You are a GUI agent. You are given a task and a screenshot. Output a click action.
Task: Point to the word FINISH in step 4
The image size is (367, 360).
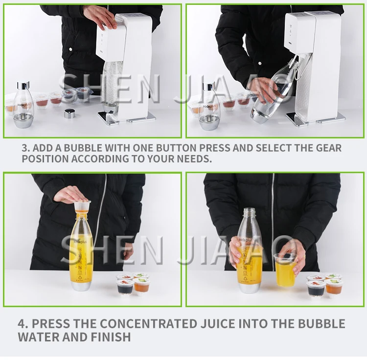coord(111,337)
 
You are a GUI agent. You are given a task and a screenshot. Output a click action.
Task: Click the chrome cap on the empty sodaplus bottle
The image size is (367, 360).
coord(23,86)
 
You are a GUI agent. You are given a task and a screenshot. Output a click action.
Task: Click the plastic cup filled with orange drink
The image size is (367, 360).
coord(285,270)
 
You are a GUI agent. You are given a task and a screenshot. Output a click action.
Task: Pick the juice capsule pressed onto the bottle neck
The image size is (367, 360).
coord(82,207)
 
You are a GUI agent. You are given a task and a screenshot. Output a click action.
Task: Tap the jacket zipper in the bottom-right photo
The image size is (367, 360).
coord(273,220)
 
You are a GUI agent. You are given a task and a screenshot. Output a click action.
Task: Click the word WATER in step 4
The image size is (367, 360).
coord(38,337)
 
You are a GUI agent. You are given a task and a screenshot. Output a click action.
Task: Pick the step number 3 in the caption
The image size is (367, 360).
coord(25,148)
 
